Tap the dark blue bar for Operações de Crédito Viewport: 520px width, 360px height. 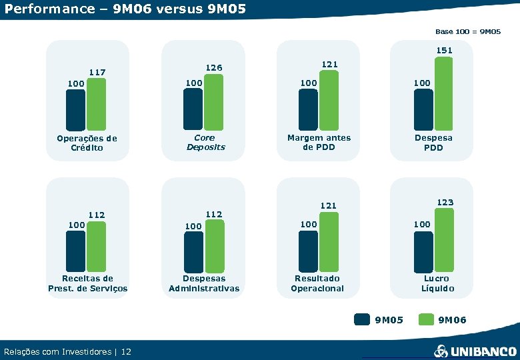(x=75, y=109)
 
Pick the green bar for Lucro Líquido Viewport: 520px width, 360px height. (x=443, y=241)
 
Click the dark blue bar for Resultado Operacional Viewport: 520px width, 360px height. (x=308, y=252)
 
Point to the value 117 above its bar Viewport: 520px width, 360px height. (x=98, y=72)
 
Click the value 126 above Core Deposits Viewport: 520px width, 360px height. (x=214, y=68)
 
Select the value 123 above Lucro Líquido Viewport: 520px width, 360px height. (x=445, y=202)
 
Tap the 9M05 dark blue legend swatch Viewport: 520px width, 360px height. (x=362, y=320)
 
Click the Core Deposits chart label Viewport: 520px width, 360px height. (x=205, y=142)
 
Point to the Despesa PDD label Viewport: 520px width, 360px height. (x=433, y=143)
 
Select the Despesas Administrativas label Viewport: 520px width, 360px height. (x=204, y=283)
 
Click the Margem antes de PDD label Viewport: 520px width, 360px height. (x=319, y=142)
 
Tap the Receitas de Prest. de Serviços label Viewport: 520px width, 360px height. (x=87, y=283)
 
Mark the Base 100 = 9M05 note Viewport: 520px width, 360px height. (x=468, y=31)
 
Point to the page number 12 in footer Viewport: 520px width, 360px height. (x=127, y=351)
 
